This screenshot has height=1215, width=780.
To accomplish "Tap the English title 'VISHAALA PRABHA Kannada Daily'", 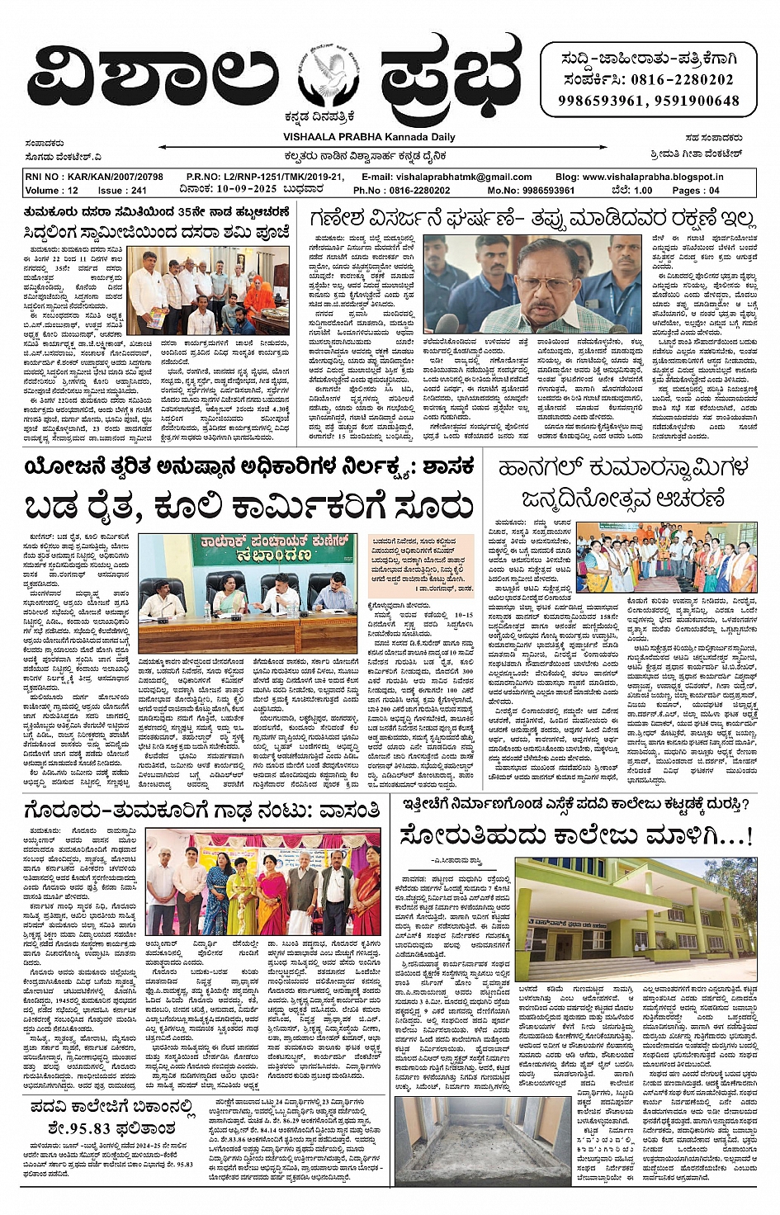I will click(369, 137).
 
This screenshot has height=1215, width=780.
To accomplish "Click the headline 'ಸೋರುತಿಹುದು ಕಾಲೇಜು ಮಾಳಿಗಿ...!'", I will click(576, 835).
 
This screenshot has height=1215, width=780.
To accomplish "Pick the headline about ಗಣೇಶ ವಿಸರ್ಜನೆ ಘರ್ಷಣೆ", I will click(532, 218).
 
